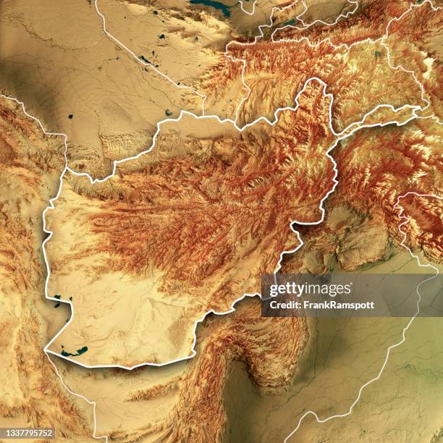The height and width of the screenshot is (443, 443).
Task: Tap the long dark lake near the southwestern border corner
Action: click(74, 352)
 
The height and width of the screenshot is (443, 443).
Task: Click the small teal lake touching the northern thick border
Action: click(168, 113)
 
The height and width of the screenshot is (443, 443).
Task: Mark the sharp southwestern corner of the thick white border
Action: click(46, 351)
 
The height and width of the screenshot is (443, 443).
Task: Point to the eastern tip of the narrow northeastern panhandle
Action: click(418, 109)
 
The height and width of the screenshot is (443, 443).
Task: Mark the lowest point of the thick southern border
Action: click(130, 367)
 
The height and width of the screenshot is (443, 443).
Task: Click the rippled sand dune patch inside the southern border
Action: click(177, 333)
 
